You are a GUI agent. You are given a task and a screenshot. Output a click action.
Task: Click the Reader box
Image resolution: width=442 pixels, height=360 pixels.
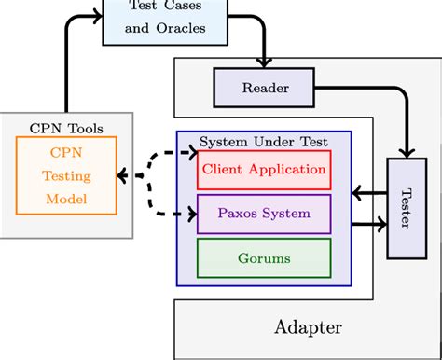click(x=265, y=88)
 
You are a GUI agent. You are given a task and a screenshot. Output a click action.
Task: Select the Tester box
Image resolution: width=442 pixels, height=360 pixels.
click(x=406, y=208)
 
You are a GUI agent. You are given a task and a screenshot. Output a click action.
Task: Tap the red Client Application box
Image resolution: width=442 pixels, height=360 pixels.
click(x=263, y=170)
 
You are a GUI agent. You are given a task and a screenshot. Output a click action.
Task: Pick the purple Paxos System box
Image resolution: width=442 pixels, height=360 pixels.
click(x=263, y=214)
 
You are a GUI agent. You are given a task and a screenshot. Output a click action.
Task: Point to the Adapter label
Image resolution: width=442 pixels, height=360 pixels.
click(x=308, y=327)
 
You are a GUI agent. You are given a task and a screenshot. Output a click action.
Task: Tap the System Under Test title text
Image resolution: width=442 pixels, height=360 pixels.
click(x=264, y=142)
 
